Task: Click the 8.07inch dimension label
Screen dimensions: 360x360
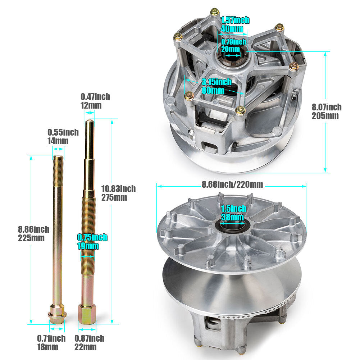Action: point(327,107)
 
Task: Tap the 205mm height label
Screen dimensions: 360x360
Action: point(325,116)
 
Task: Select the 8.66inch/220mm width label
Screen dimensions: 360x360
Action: point(232,184)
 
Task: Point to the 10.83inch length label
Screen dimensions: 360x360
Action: point(118,189)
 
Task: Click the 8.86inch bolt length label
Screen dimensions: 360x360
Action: point(33,229)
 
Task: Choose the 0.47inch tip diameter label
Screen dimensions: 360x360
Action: point(95,97)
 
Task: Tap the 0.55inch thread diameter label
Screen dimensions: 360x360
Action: point(63,132)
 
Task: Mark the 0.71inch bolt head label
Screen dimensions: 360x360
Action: point(51,338)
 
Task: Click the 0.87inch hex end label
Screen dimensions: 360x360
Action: point(89,338)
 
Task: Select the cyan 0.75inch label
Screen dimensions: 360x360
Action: point(92,237)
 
